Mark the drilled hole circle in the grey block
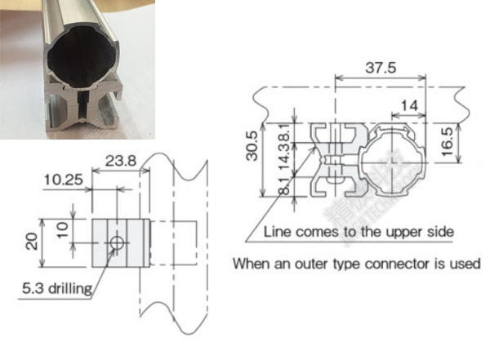[117, 243]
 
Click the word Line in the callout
[278, 232]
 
